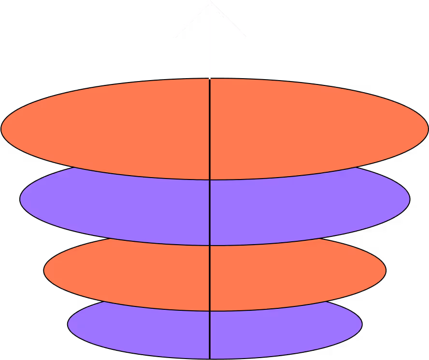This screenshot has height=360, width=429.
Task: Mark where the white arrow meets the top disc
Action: pos(210,79)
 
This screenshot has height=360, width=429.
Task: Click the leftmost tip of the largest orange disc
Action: pos(2,129)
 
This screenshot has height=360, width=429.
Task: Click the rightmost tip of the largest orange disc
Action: pos(427,129)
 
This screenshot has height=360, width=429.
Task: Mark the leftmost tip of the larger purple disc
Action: pos(21,199)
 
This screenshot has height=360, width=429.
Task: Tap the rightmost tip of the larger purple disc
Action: pos(409,199)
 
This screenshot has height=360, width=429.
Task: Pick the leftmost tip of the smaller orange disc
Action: pos(44,271)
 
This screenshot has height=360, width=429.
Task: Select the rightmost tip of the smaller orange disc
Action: pos(385,271)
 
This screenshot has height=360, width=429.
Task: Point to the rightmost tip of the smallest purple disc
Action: pos(361,325)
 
